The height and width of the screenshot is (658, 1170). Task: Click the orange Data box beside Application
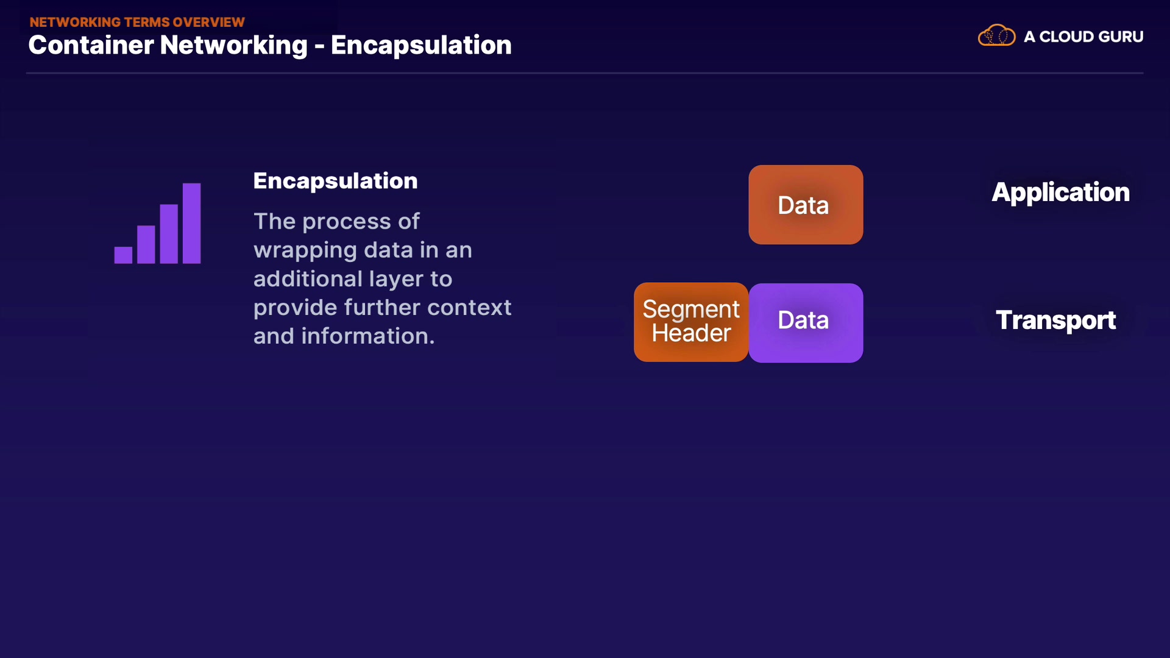click(x=805, y=205)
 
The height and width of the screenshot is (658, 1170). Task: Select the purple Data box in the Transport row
click(x=805, y=322)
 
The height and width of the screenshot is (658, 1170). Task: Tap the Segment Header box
click(x=690, y=322)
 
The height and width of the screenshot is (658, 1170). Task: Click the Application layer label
click(x=1060, y=193)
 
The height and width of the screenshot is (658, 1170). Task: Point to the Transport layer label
click(x=1055, y=320)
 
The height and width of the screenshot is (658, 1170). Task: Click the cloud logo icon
click(x=996, y=36)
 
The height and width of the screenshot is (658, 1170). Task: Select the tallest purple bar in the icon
click(x=191, y=223)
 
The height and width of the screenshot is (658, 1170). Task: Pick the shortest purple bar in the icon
click(x=123, y=255)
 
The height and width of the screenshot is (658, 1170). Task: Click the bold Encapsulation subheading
click(x=335, y=181)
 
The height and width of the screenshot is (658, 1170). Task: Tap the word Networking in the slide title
click(x=233, y=45)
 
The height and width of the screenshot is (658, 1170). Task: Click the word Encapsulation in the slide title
click(x=421, y=45)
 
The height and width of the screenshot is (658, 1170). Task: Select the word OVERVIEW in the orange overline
click(x=208, y=22)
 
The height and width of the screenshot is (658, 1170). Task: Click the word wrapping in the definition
click(x=305, y=250)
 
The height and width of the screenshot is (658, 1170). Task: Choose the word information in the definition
click(x=367, y=336)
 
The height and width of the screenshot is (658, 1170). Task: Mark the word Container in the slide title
click(x=91, y=45)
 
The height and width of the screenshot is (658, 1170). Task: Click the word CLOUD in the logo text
click(x=1063, y=37)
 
